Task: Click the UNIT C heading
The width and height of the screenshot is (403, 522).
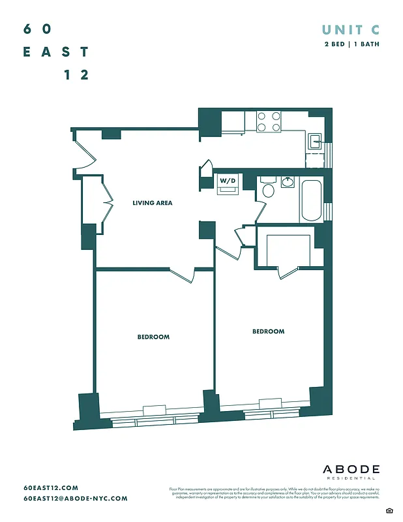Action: [351, 29]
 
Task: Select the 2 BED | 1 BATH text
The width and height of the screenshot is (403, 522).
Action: [352, 44]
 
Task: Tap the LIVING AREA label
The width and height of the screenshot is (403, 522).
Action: [152, 203]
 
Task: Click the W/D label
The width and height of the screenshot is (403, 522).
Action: [227, 180]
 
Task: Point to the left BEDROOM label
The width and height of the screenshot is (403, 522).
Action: [153, 337]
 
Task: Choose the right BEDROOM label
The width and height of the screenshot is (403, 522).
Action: [268, 331]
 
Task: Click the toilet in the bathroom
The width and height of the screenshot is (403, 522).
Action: [267, 190]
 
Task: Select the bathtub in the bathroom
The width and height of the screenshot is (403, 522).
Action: [310, 200]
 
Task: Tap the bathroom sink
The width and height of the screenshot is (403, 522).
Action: [287, 182]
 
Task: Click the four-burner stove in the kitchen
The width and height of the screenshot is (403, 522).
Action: [268, 122]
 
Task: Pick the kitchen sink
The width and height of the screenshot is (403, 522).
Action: [314, 139]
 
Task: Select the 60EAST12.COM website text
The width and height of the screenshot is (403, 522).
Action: [51, 487]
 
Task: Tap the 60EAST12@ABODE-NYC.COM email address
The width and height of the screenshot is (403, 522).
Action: [75, 499]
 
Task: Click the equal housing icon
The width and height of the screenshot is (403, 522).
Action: [389, 509]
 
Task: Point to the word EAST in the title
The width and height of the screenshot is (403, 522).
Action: [55, 52]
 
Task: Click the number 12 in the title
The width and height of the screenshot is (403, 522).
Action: [76, 74]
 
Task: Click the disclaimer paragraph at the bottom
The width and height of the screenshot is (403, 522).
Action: [274, 494]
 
